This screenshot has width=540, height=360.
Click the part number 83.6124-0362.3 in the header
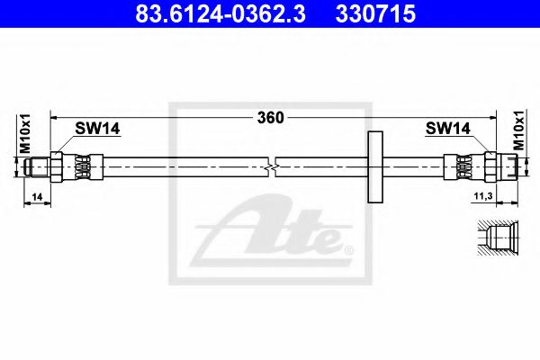pos(220,13)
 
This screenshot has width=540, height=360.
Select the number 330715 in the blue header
pos(375,13)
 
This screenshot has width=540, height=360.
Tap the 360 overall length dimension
pos(271,118)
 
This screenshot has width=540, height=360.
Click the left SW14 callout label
pos(97,129)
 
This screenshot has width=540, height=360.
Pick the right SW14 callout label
pos(447,129)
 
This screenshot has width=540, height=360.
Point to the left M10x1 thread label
pos(25,133)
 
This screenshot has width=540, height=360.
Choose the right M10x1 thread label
pos(518,130)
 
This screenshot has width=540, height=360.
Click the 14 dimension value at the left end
pos(37,197)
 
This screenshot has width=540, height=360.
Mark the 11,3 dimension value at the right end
pos(483,196)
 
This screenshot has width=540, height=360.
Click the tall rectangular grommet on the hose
pos(375,166)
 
